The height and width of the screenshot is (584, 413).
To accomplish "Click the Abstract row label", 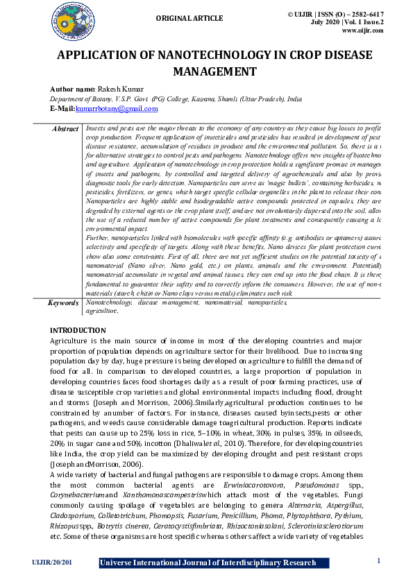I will point(65,130).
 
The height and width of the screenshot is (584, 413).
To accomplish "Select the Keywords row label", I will point(64,303).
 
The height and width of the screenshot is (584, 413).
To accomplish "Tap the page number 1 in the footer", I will point(378,560).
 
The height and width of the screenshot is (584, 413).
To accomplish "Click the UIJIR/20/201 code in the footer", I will point(52,562).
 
